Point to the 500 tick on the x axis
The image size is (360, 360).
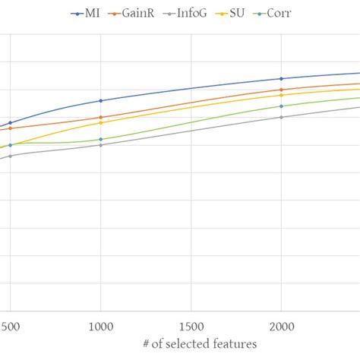pyautogui.click(x=10, y=324)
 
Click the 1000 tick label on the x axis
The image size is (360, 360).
pyautogui.click(x=100, y=324)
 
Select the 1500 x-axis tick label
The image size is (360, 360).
pyautogui.click(x=191, y=324)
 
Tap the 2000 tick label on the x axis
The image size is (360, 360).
pyautogui.click(x=281, y=324)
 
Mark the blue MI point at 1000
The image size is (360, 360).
pyautogui.click(x=100, y=100)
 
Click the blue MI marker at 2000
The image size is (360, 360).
pyautogui.click(x=281, y=79)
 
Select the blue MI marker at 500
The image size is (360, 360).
pyautogui.click(x=10, y=122)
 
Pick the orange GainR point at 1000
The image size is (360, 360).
pyautogui.click(x=100, y=118)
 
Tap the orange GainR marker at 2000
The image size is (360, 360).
pyautogui.click(x=281, y=90)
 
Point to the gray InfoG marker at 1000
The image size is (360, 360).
pyautogui.click(x=100, y=144)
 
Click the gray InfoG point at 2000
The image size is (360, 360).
pyautogui.click(x=281, y=117)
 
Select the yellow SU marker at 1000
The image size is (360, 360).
pyautogui.click(x=100, y=122)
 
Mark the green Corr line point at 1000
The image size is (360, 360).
pyautogui.click(x=100, y=139)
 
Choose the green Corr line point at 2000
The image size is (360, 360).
pyautogui.click(x=281, y=106)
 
